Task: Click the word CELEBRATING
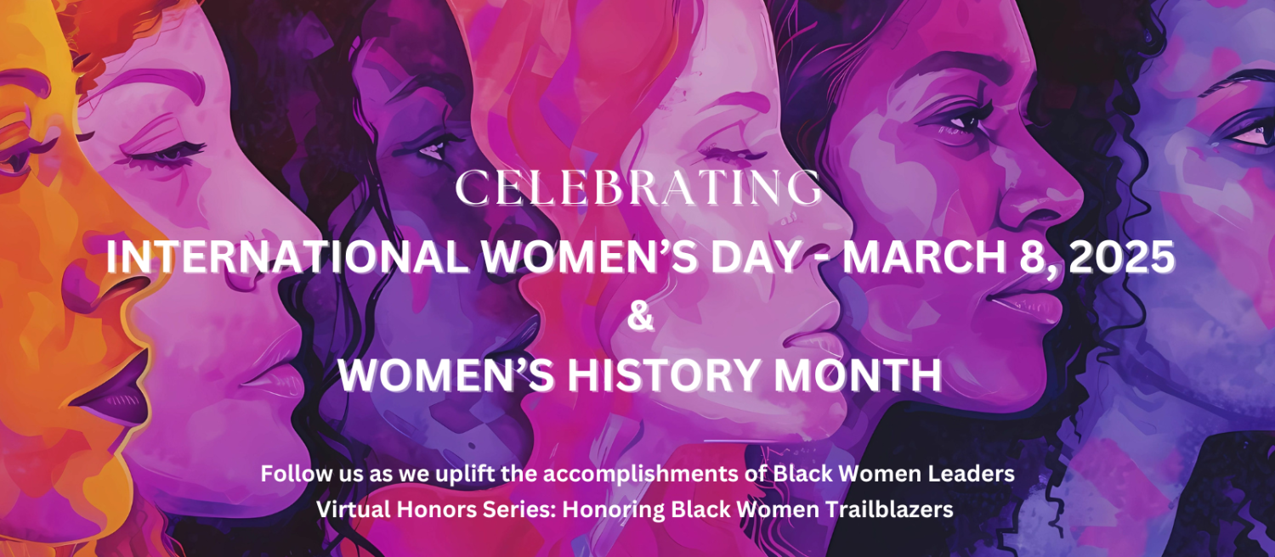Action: (x=638, y=188)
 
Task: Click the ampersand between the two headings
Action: (x=640, y=318)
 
